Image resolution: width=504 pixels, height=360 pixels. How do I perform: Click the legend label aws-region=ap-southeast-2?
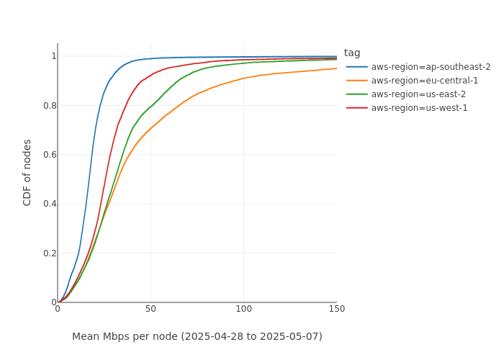[x=431, y=67]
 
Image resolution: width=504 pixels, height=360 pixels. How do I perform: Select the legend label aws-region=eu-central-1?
[x=424, y=81]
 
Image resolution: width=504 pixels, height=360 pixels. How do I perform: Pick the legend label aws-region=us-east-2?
[x=418, y=94]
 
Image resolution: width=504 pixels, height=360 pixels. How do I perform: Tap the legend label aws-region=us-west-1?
[x=419, y=108]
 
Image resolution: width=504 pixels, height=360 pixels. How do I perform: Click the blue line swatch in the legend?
[x=356, y=67]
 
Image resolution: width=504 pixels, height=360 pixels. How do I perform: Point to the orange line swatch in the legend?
[x=356, y=81]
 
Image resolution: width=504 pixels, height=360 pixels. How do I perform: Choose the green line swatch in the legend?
[x=356, y=94]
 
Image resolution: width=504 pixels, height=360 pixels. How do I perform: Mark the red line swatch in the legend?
[x=356, y=108]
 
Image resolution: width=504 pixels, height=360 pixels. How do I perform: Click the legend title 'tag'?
[x=352, y=53]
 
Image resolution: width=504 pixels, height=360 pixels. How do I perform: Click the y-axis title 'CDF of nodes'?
[x=27, y=173]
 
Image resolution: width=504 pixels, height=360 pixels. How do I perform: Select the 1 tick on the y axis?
[x=53, y=56]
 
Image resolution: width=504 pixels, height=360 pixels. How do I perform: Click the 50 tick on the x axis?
[x=150, y=309]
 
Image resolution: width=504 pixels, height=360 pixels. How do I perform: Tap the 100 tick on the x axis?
[x=244, y=309]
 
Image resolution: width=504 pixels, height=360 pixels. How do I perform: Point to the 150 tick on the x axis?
[x=337, y=309]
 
